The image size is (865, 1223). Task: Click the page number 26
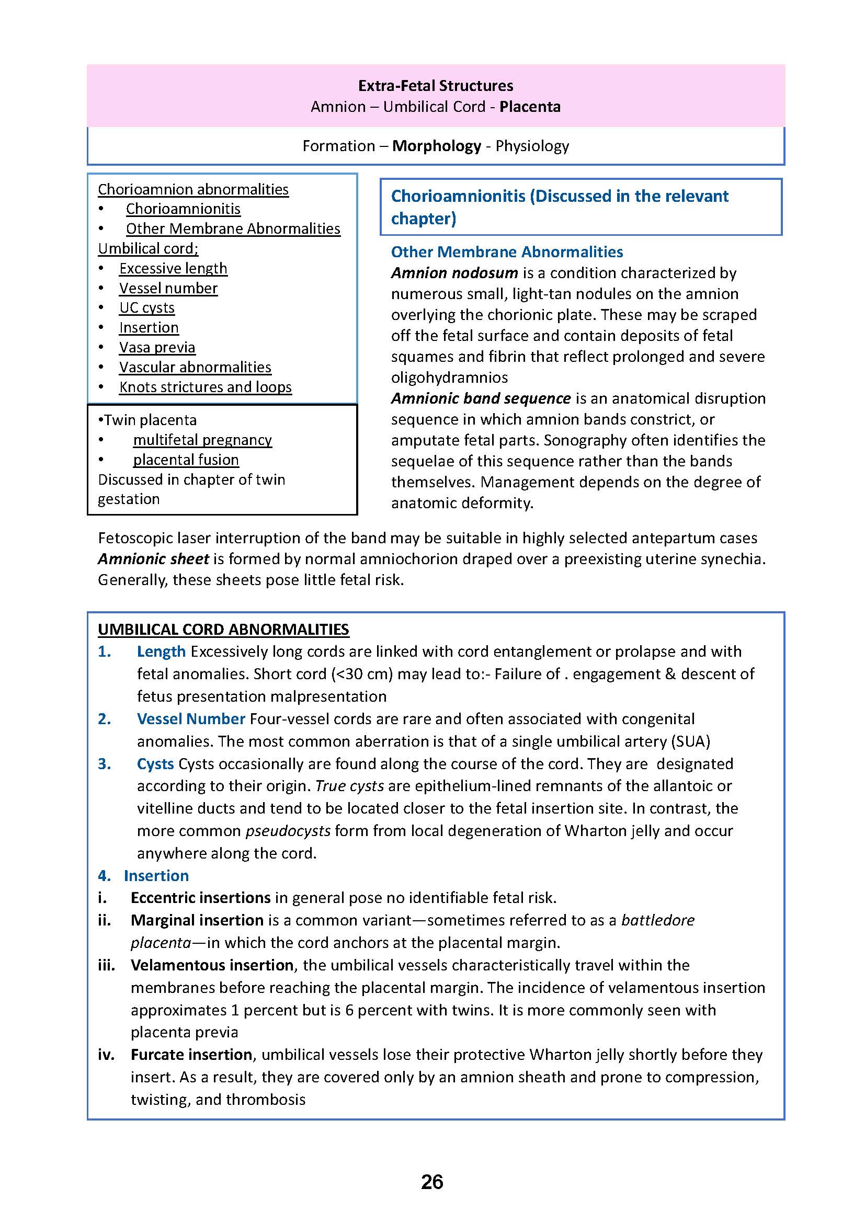pyautogui.click(x=432, y=1182)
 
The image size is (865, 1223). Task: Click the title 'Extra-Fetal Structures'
pyautogui.click(x=435, y=86)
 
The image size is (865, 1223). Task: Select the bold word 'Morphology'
pyautogui.click(x=436, y=146)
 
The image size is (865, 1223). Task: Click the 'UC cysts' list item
pyautogui.click(x=146, y=308)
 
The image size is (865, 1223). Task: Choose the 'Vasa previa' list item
pyautogui.click(x=157, y=347)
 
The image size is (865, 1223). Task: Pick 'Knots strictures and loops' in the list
pyautogui.click(x=205, y=387)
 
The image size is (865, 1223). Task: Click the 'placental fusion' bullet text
pyautogui.click(x=186, y=460)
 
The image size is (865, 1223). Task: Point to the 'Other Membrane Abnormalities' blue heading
pyautogui.click(x=507, y=252)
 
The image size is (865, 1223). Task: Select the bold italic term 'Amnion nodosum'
pyautogui.click(x=454, y=273)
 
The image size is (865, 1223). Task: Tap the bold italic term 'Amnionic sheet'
pyautogui.click(x=153, y=559)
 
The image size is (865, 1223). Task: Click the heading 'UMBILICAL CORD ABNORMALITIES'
pyautogui.click(x=223, y=629)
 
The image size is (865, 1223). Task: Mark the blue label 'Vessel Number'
pyautogui.click(x=191, y=718)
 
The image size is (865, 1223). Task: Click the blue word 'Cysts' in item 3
pyautogui.click(x=155, y=763)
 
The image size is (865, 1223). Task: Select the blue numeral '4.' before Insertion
pyautogui.click(x=105, y=875)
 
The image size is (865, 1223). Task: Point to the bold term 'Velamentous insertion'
pyautogui.click(x=212, y=965)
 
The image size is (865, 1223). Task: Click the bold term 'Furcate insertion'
pyautogui.click(x=191, y=1054)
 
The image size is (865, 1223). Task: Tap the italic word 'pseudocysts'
pyautogui.click(x=288, y=830)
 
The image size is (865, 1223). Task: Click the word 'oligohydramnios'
pyautogui.click(x=449, y=377)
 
